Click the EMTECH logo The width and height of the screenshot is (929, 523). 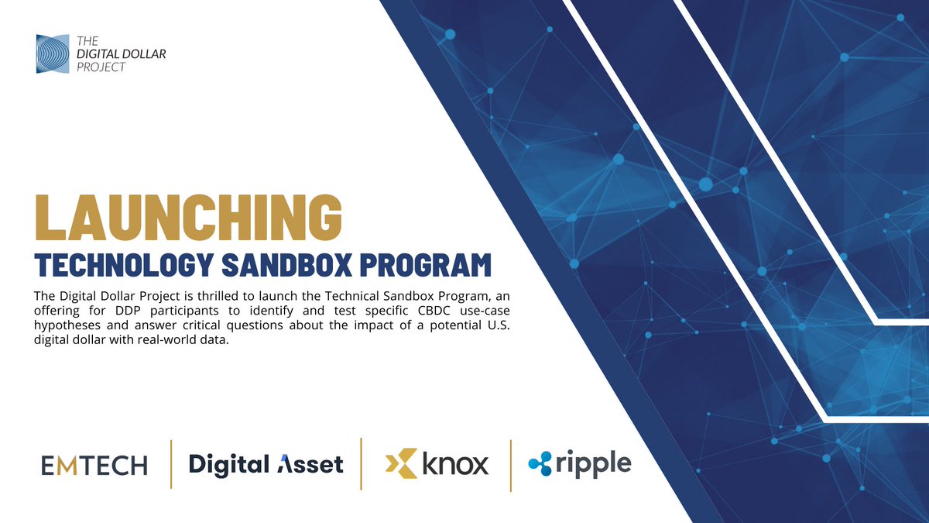pos(94,465)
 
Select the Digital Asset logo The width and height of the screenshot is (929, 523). pos(266,464)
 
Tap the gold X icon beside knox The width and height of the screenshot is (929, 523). pos(400,463)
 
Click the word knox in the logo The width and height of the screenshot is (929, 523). pos(455,464)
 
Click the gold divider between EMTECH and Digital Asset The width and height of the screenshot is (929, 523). pos(171,464)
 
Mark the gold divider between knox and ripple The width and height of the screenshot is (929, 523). pos(510,465)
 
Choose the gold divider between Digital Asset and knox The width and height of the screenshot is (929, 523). pos(362,463)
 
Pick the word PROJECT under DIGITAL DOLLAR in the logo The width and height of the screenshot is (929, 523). pos(101,67)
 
